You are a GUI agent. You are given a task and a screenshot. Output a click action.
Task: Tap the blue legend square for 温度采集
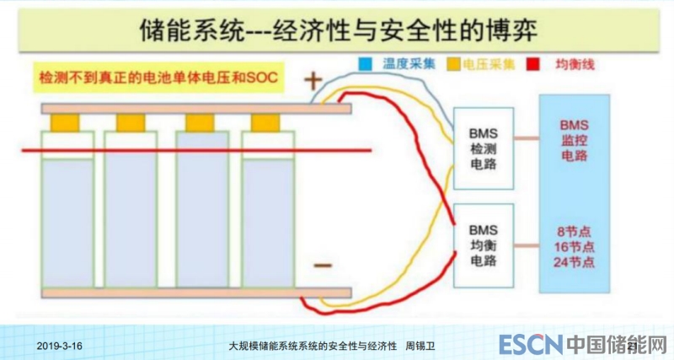[x=364, y=64]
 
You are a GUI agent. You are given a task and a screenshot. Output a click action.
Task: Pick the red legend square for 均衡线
[x=532, y=64]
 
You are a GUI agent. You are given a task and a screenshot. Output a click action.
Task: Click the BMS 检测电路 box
[x=484, y=148]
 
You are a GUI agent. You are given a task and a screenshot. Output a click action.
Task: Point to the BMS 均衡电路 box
[x=484, y=244]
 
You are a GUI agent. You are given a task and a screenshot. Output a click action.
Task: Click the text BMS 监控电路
[x=578, y=140]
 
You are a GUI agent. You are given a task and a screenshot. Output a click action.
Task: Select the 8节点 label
[x=577, y=230]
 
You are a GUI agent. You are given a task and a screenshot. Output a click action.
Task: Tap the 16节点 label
[x=577, y=246]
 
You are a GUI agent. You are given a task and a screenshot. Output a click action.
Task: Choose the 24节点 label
[x=577, y=262]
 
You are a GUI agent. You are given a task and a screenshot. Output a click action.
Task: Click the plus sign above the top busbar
[x=313, y=82]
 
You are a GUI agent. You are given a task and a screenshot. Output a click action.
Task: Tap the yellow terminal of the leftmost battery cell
[x=65, y=123]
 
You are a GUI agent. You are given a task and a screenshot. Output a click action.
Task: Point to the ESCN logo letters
[x=528, y=345]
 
